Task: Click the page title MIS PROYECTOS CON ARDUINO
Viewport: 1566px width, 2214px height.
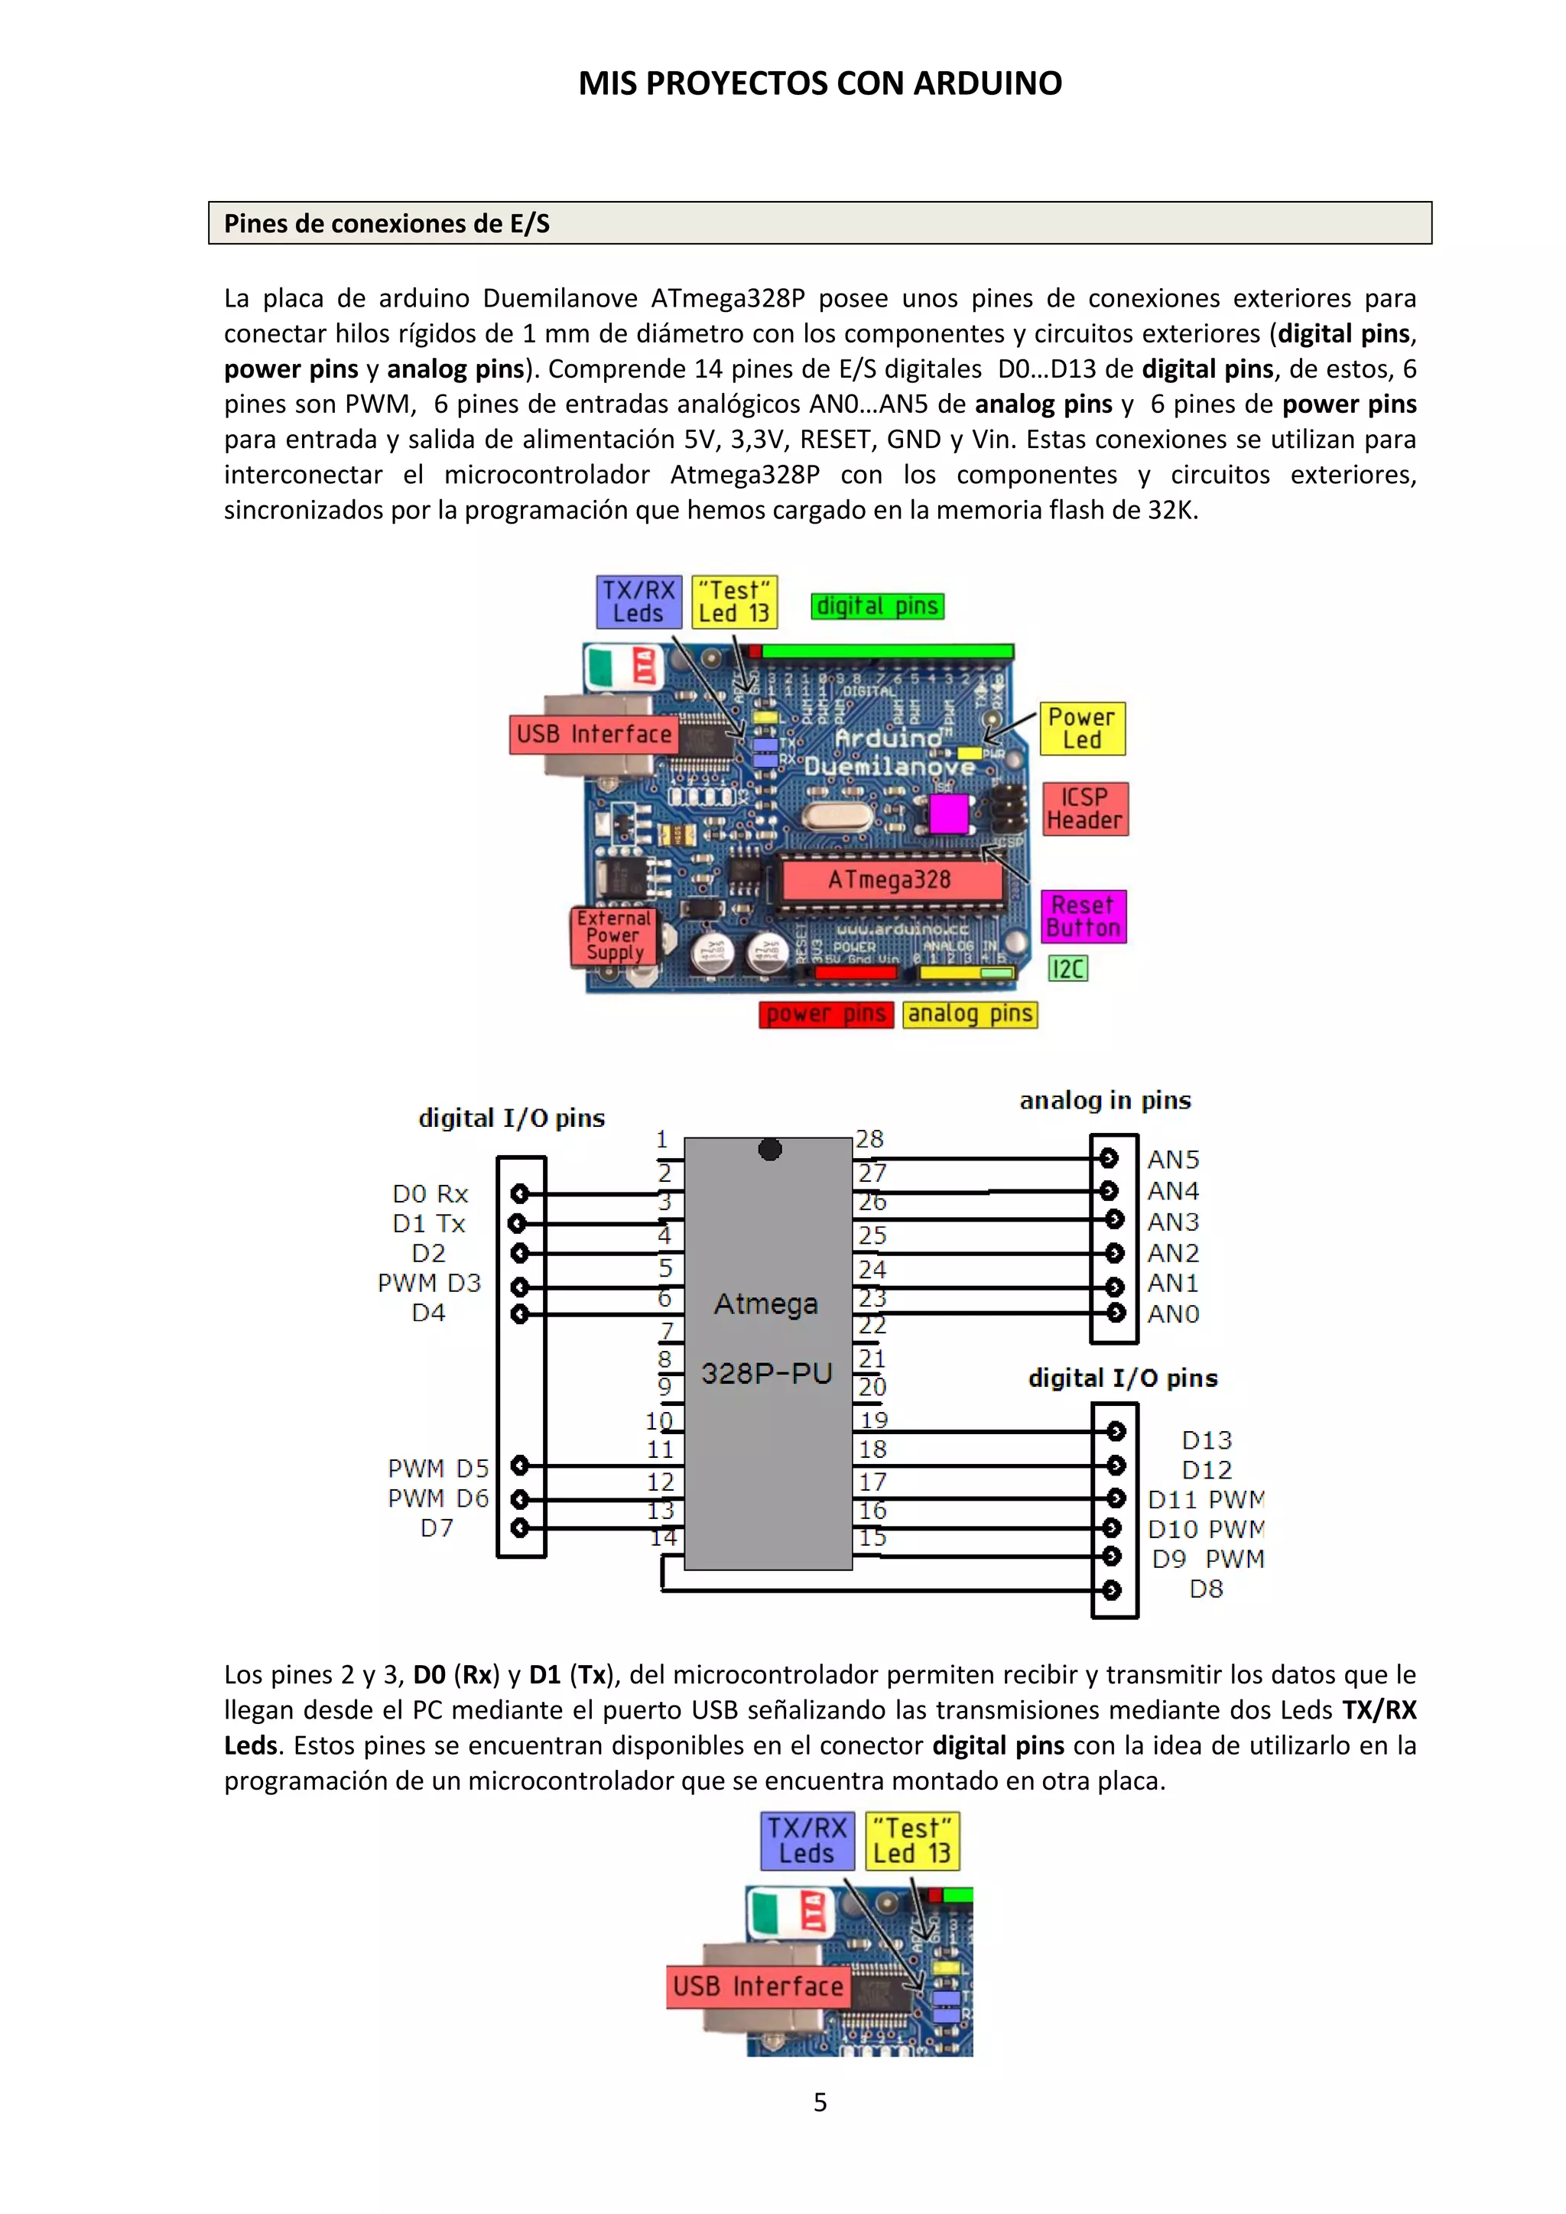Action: tap(820, 84)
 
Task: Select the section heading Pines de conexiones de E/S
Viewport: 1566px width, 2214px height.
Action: tap(387, 224)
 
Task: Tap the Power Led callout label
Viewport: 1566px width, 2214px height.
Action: tap(1082, 729)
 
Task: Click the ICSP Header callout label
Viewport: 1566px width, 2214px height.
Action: tap(1085, 809)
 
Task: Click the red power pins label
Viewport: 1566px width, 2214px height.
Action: tap(825, 1014)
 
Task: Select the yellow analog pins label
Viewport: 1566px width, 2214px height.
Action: tap(970, 1014)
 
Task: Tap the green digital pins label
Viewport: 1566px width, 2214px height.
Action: tap(876, 606)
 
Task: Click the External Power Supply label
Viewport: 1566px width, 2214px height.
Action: tap(614, 935)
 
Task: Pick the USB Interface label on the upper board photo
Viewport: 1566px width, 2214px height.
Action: tap(593, 735)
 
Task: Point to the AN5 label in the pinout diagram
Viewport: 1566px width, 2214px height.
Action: tap(1172, 1159)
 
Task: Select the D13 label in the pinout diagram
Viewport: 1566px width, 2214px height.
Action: tap(1207, 1440)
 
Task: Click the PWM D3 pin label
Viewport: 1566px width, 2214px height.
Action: tap(429, 1284)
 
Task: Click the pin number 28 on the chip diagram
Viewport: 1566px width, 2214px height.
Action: tap(869, 1140)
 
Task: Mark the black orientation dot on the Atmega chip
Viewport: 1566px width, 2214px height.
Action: tap(769, 1149)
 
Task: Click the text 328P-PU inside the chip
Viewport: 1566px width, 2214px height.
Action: tap(767, 1373)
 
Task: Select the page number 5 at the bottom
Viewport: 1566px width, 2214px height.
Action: tap(820, 2102)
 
